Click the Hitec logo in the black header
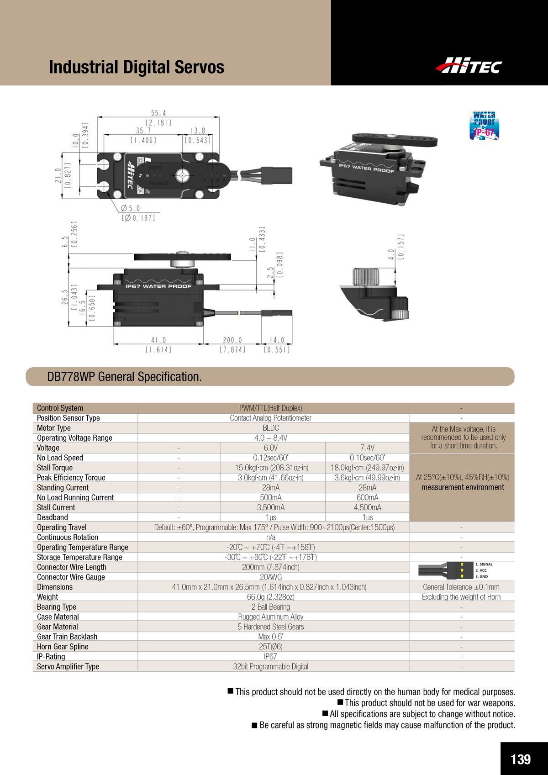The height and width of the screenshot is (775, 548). pos(469,65)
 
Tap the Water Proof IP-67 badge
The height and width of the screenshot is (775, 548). pos(484,125)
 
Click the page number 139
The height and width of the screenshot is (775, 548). pos(521,759)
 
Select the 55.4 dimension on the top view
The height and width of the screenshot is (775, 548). pos(158,113)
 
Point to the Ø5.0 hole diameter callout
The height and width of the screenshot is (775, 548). pos(130,208)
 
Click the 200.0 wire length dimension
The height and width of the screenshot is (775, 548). pos(232,340)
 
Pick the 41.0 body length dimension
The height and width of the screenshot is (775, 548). pos(158,340)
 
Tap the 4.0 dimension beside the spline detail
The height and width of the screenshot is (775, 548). pos(391,254)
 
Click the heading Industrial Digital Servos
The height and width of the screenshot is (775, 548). pos(136,67)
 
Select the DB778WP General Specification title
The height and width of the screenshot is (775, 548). pos(125,377)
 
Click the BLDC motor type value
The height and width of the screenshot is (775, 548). pos(271,428)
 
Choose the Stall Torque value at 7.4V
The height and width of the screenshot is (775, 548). pos(367,468)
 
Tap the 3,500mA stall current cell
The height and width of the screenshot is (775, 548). pos(271,507)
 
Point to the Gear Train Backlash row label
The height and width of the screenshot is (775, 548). pos(67,637)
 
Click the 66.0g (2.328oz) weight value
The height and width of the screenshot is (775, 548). pos(271,597)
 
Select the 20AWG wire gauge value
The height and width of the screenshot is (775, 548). pos(271,577)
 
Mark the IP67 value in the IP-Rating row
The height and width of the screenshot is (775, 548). pos(271,657)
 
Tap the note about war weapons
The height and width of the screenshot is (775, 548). pos(426,703)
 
